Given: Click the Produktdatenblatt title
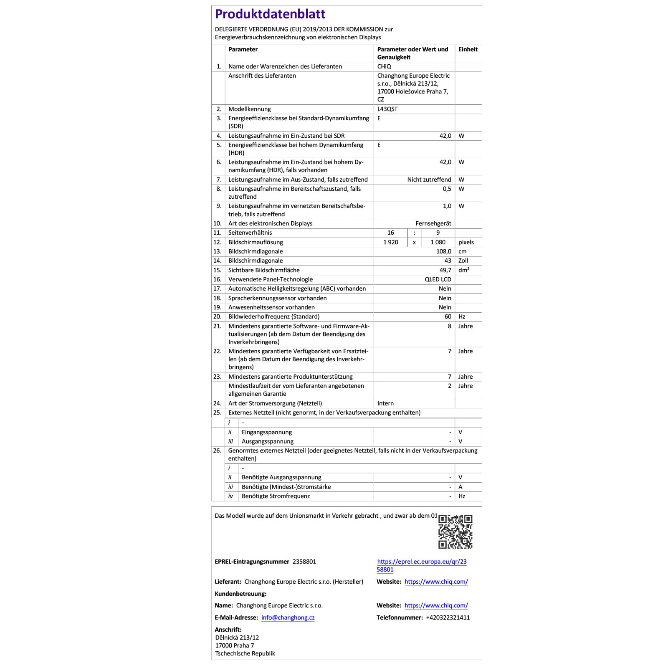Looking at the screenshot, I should [x=270, y=14].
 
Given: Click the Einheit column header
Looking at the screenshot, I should [x=468, y=49].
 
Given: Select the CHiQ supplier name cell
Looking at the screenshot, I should [x=384, y=66].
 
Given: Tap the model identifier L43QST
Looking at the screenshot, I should [x=387, y=109].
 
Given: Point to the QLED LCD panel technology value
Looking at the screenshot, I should [x=438, y=279].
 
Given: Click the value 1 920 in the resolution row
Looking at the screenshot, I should [x=391, y=242].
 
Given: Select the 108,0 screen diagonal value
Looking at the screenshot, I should [x=443, y=251].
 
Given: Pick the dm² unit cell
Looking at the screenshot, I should [x=463, y=270].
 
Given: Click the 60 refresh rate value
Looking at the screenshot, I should [x=448, y=316].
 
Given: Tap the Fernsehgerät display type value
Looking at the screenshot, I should [x=433, y=223].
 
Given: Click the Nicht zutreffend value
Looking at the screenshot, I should [x=429, y=180].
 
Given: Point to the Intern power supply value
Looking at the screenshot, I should [x=385, y=403].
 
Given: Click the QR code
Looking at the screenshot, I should [x=455, y=531].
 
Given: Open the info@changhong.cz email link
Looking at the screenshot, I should [x=288, y=617].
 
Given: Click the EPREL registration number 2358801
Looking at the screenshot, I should [x=304, y=562].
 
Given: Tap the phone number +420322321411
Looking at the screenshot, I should [x=448, y=617].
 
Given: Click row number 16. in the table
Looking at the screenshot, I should [x=217, y=279].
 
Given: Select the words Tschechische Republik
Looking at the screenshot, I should [x=245, y=653].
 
